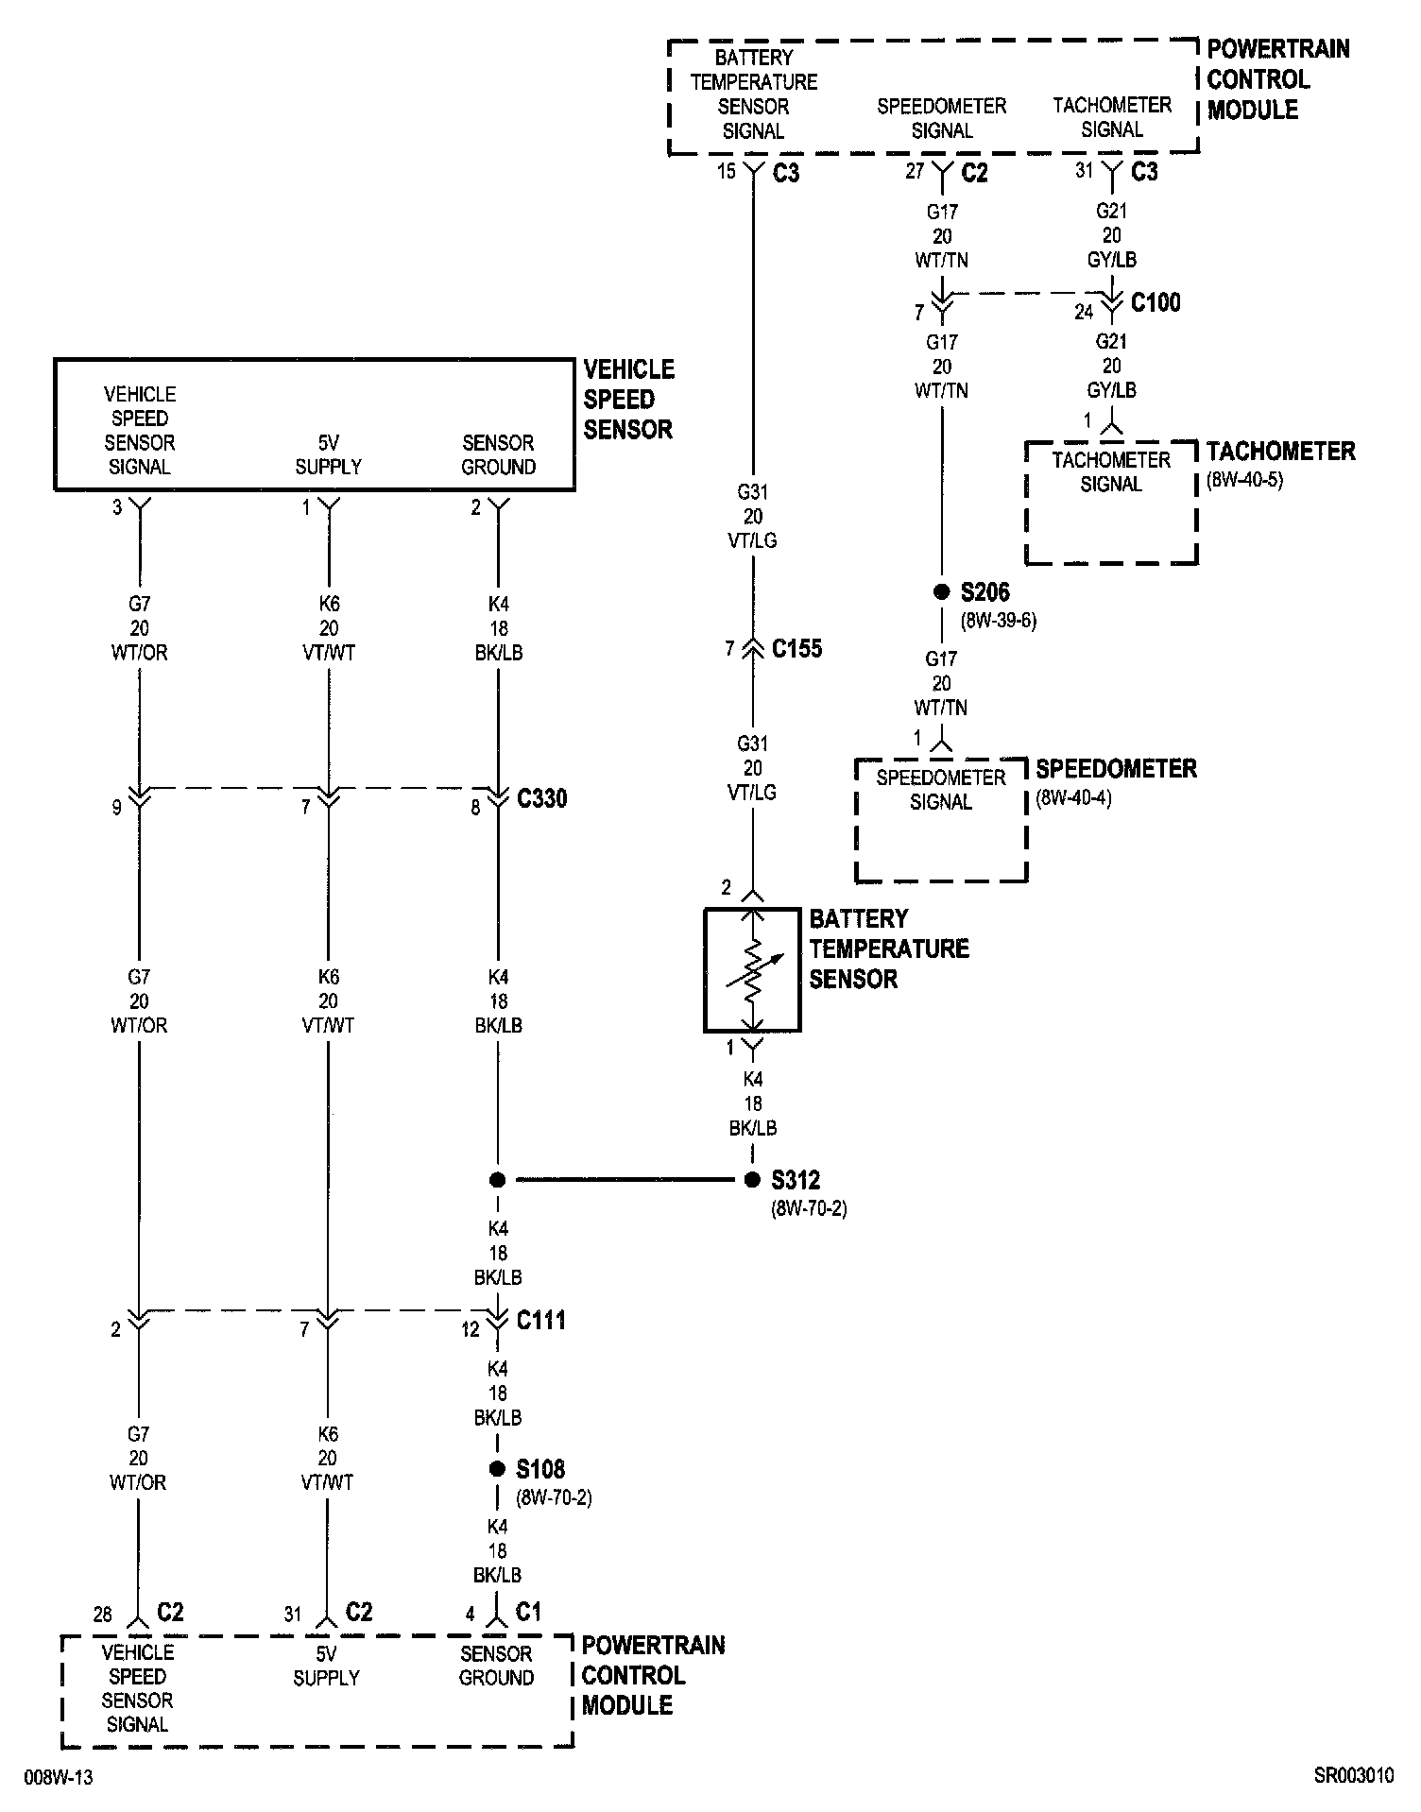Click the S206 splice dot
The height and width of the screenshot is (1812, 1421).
941,592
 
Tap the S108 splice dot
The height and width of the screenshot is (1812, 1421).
497,1469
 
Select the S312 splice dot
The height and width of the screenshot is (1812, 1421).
752,1179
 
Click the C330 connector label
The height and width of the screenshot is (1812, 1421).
542,798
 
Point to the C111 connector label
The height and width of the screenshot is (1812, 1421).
541,1320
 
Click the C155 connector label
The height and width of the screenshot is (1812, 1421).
797,648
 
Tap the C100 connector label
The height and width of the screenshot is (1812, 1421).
1156,302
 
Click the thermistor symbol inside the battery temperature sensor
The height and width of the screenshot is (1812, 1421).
752,970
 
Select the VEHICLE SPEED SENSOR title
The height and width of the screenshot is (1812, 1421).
629,399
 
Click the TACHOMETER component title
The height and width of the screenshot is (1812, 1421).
1281,451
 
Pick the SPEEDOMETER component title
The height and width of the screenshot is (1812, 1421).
1117,768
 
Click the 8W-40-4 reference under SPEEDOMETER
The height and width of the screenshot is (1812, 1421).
1074,797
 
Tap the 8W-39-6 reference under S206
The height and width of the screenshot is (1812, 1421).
999,622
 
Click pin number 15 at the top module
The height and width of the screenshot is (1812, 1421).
726,171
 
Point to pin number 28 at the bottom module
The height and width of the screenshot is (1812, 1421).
103,1614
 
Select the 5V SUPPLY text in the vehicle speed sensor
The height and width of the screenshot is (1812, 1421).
328,454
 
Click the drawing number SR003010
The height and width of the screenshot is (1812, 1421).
1354,1776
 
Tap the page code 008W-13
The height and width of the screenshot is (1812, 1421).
59,1777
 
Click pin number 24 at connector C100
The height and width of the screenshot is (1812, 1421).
1084,311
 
